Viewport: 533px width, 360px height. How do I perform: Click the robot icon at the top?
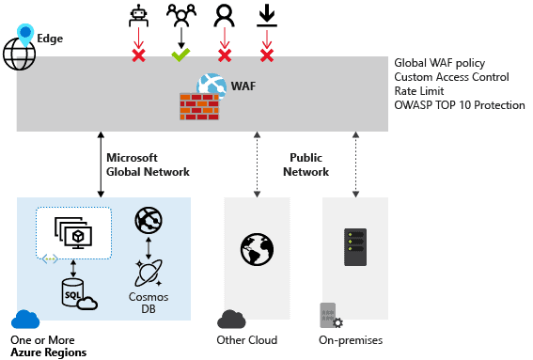coord(137,16)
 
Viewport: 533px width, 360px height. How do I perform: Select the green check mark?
coord(180,55)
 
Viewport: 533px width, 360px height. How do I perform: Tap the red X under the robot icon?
coord(138,55)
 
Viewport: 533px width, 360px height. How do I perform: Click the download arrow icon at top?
coord(266,16)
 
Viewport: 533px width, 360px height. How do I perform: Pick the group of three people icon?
coord(180,15)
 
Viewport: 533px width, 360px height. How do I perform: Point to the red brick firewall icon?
coord(198,102)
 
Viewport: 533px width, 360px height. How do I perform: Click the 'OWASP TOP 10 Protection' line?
coord(460,104)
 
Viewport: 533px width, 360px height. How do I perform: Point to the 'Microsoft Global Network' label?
coord(148,164)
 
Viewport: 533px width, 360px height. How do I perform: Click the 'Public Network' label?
coord(306,164)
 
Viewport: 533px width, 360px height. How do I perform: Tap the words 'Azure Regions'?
coord(49,352)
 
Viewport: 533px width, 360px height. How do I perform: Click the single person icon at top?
coord(224,16)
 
